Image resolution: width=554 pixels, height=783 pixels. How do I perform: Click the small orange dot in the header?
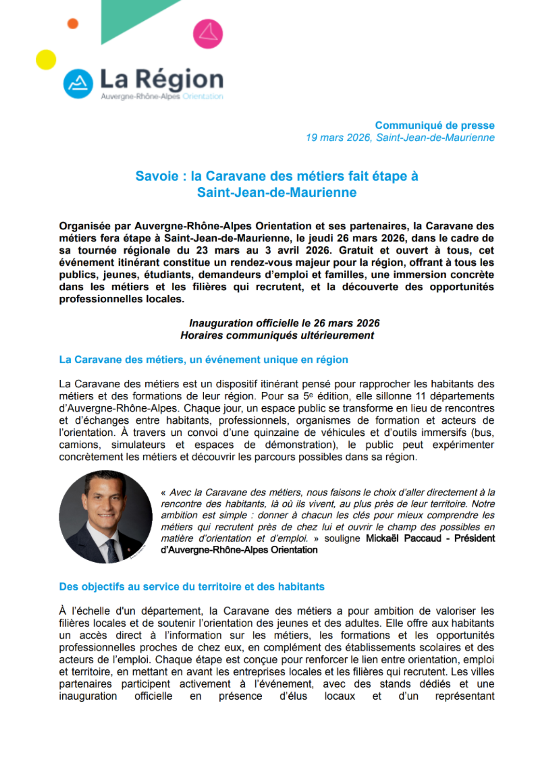coord(73,23)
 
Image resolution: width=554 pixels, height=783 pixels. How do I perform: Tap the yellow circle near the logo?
coord(46,60)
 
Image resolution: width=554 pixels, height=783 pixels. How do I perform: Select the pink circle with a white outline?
coord(208,34)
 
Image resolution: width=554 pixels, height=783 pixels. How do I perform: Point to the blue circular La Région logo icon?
coord(78,84)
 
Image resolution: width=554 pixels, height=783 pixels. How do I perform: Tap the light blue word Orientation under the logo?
coord(203,97)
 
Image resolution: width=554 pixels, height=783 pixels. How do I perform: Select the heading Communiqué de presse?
coord(435,125)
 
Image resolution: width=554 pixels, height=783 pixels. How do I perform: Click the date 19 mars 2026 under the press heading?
coord(338,138)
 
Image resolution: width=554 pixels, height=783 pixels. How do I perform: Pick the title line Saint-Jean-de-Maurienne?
coord(277,193)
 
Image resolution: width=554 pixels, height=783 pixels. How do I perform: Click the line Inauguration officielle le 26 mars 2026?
coord(284,323)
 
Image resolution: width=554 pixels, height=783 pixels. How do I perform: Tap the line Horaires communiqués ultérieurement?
coord(277,336)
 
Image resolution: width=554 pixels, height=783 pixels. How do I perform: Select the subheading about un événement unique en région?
coord(203,360)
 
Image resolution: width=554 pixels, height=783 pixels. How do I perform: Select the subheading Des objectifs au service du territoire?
coord(192,587)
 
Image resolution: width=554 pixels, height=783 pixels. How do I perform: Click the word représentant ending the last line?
coord(465,696)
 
